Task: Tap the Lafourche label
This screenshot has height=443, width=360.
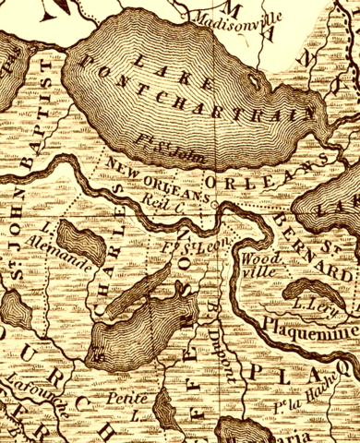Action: click(22, 388)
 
